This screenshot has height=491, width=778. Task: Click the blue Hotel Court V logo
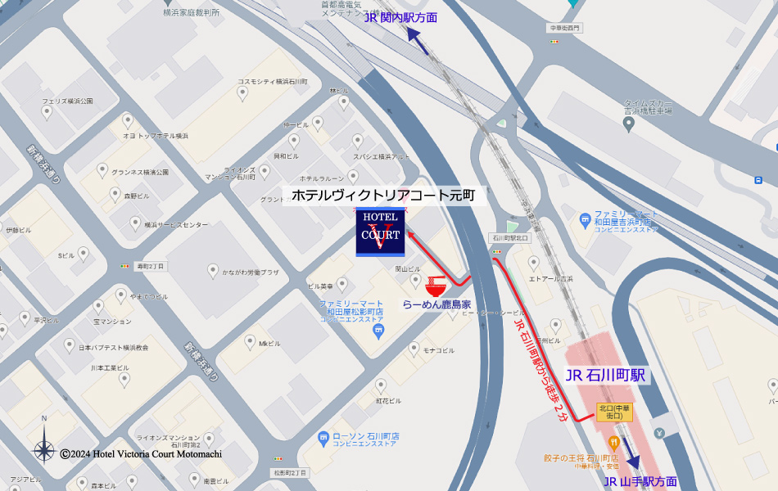(381, 232)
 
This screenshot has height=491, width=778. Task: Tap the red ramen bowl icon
(436, 286)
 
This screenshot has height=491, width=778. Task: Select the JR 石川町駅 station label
(605, 376)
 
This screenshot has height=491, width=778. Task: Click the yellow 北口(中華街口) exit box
(615, 412)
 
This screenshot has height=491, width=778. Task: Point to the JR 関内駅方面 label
(400, 17)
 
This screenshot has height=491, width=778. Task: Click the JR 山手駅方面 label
(640, 481)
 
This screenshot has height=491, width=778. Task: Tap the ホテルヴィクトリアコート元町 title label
(382, 196)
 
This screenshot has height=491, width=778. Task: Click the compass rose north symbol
(43, 445)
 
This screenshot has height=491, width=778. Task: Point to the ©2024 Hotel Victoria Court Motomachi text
(140, 453)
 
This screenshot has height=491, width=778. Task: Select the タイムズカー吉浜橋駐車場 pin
(628, 124)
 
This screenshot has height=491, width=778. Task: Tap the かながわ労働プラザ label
(251, 272)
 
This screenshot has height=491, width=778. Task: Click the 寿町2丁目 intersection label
(150, 266)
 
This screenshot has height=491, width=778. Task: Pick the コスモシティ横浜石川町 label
(272, 82)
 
